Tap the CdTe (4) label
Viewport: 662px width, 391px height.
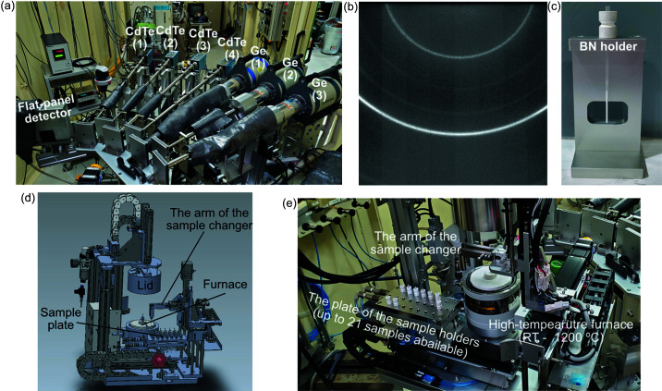[x=232, y=48]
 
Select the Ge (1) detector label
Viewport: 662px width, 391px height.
[x=258, y=57]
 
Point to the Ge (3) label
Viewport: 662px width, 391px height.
[x=319, y=89]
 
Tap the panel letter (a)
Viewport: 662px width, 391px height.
[x=7, y=6]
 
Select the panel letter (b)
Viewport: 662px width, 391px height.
[x=351, y=6]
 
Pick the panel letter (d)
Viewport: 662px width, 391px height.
[x=28, y=198]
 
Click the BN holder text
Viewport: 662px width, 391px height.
[x=608, y=46]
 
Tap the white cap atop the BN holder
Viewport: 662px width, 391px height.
[x=607, y=24]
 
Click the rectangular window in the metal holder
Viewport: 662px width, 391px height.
[x=607, y=115]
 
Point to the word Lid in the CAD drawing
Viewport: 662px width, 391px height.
[x=145, y=286]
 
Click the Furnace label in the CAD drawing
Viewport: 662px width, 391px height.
[x=225, y=284]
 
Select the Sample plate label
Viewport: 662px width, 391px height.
[x=61, y=319]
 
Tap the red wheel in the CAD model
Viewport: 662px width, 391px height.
[x=159, y=361]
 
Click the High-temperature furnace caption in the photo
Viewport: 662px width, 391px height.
[x=560, y=331]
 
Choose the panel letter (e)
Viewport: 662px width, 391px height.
[x=289, y=203]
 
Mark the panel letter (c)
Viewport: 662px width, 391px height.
[x=555, y=6]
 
